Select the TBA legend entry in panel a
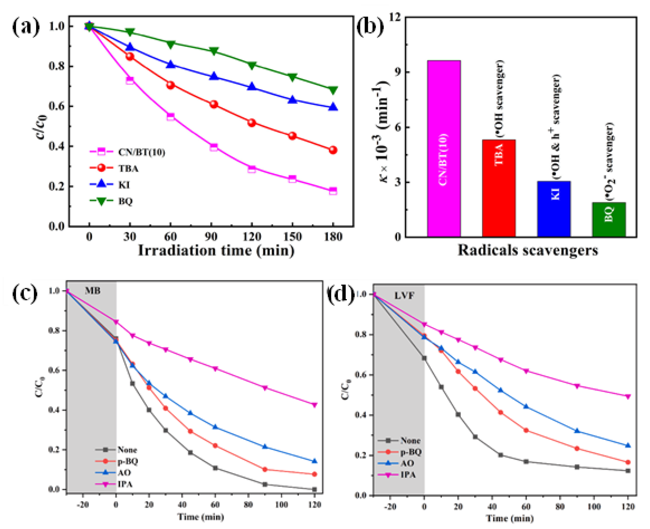click(128, 168)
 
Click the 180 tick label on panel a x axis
click(333, 237)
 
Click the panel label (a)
click(26, 27)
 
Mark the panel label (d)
click(340, 294)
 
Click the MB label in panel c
click(92, 291)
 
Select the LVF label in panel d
click(404, 295)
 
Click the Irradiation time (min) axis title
click(216, 251)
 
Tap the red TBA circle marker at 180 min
click(333, 150)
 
